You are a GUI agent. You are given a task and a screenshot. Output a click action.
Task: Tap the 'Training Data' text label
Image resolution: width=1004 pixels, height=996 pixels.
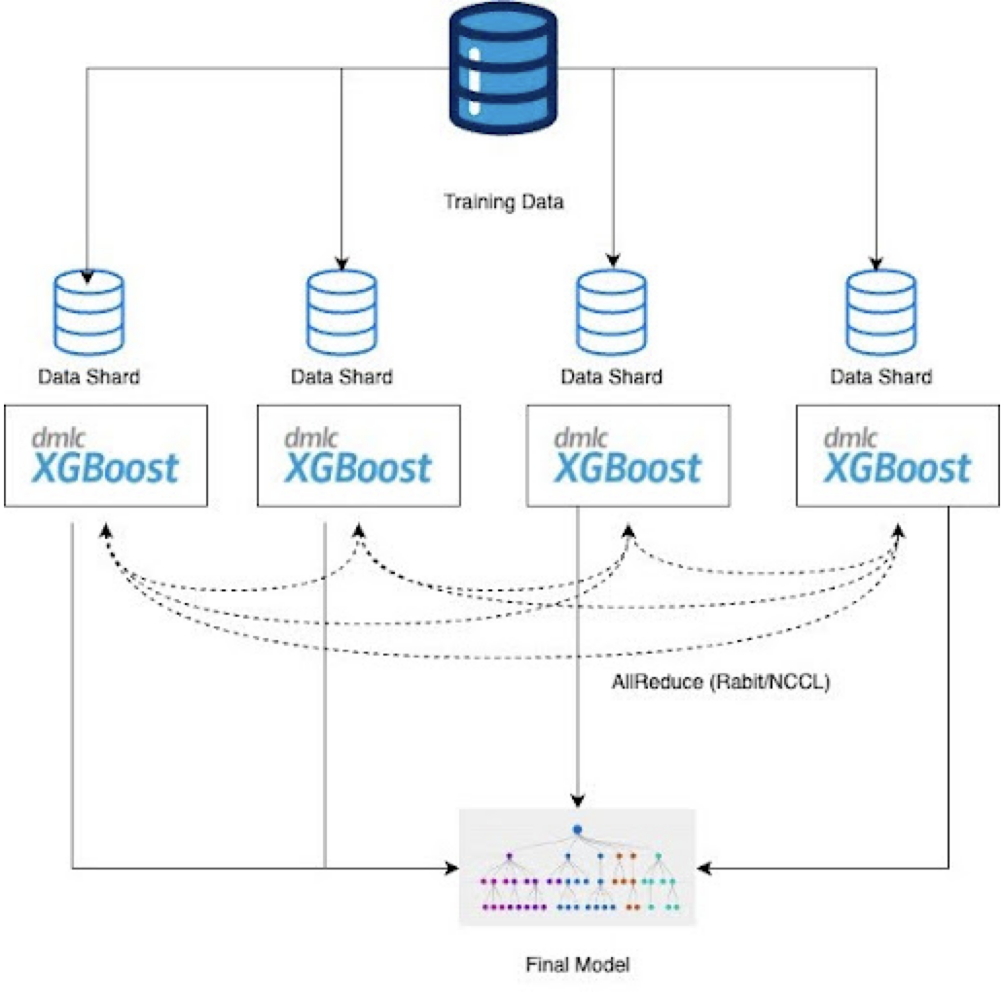503,202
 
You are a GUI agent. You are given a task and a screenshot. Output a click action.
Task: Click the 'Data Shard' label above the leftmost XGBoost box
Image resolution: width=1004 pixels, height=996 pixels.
89,376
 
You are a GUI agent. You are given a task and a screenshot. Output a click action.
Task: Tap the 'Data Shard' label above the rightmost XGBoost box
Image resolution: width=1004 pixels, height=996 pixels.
880,376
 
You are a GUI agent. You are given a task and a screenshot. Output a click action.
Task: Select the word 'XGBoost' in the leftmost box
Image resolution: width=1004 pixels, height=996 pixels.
105,469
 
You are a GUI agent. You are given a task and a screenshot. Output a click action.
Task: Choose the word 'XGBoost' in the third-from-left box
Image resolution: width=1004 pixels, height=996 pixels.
627,469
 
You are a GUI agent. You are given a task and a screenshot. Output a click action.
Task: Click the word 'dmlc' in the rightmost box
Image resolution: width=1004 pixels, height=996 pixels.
850,438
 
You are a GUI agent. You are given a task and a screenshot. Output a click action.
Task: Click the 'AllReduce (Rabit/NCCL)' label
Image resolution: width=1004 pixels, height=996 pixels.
720,683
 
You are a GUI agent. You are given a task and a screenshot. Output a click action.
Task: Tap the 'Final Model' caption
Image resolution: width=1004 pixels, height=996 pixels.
577,965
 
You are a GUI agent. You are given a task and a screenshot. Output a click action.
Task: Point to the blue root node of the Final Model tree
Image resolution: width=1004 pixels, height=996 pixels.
577,830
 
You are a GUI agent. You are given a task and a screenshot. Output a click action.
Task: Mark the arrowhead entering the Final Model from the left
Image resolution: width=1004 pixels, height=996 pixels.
451,867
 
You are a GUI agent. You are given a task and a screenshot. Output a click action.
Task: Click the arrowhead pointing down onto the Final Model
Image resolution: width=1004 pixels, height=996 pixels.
578,801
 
